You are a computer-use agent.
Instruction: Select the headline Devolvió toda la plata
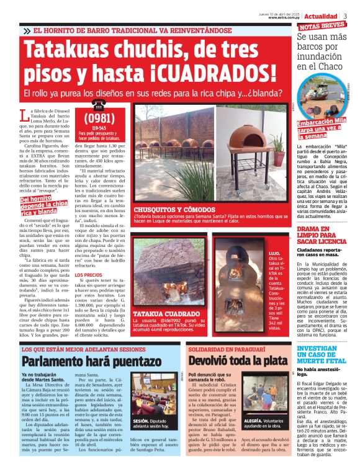click(x=238, y=361)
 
